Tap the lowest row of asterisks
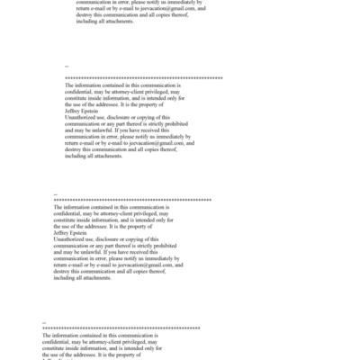tap(121, 328)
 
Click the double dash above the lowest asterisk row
tap(45, 321)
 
